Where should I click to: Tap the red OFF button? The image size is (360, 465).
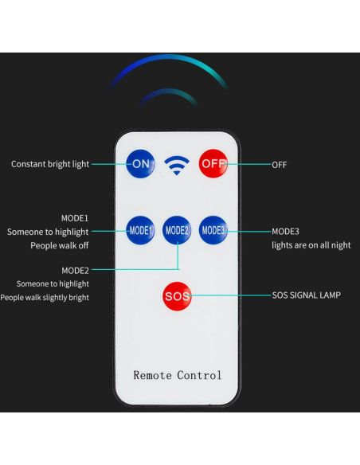[x=213, y=164]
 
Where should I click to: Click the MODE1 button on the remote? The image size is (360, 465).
[x=140, y=230]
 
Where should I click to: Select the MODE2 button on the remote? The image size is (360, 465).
[x=177, y=230]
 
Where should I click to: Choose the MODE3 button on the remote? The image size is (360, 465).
[x=213, y=230]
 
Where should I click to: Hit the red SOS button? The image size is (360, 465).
[x=177, y=296]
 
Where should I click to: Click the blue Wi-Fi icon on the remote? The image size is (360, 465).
[x=177, y=165]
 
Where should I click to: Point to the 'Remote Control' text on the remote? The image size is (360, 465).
[x=178, y=375]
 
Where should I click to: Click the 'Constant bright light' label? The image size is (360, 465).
[x=50, y=164]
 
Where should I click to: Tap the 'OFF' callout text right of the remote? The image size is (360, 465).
[x=280, y=165]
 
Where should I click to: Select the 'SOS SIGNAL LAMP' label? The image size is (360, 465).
[x=307, y=295]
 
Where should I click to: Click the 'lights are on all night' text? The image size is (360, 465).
[x=311, y=245]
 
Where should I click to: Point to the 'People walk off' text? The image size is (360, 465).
[x=59, y=245]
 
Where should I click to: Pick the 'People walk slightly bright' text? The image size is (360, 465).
[x=45, y=298]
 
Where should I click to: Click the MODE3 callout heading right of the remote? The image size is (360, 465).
[x=285, y=232]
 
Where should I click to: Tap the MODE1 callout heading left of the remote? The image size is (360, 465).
[x=75, y=218]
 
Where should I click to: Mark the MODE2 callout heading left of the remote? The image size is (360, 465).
[x=75, y=271]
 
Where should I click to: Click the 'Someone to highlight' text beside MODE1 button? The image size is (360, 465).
[x=48, y=232]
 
